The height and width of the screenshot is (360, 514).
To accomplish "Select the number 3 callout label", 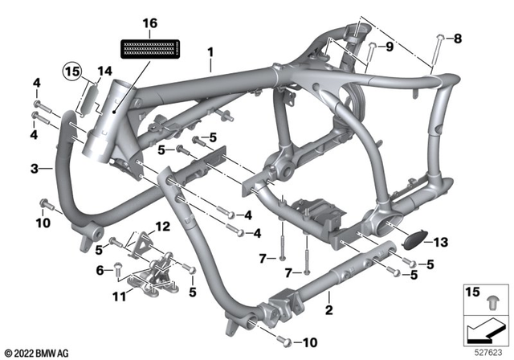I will pyautogui.click(x=35, y=168).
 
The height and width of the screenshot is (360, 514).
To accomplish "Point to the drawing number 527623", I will pyautogui.click(x=490, y=351).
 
